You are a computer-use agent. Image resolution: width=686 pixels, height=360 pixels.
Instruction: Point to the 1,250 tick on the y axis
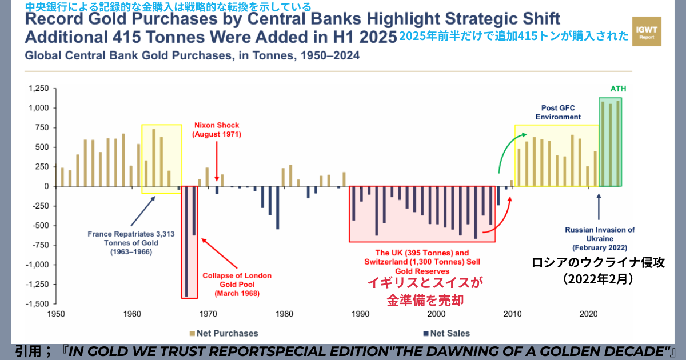[39, 89]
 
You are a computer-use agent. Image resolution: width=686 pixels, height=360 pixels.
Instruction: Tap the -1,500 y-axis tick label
[38, 304]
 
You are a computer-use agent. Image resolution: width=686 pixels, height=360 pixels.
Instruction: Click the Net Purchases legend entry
[224, 333]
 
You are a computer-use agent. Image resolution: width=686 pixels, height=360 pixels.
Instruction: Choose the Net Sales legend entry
[446, 333]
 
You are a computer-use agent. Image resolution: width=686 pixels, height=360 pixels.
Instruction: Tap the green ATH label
[619, 89]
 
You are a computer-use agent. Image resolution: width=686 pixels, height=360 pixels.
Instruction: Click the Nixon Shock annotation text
[217, 130]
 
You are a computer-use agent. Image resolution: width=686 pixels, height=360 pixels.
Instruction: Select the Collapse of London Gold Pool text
[237, 284]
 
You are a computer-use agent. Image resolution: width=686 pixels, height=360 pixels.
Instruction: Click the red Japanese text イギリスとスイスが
[425, 282]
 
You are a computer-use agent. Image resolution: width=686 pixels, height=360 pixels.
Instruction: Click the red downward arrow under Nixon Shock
[217, 161]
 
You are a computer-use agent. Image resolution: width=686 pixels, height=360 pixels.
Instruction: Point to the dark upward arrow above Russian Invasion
[599, 206]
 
